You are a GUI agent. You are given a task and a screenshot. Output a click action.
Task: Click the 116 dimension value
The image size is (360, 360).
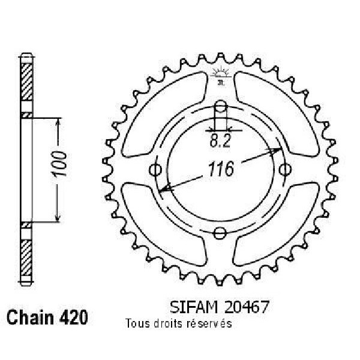(x=221, y=169)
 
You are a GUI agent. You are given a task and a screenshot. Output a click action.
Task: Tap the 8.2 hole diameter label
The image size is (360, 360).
(x=220, y=142)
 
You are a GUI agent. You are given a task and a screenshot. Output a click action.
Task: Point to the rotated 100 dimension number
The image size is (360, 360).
(x=59, y=164)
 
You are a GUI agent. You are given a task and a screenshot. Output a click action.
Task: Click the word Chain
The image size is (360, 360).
(x=31, y=317)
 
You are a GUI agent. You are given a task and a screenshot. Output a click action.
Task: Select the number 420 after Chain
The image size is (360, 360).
(x=74, y=317)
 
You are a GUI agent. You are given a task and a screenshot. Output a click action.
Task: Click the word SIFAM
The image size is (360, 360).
(x=194, y=307)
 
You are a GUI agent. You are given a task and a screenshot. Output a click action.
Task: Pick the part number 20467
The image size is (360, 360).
(x=246, y=307)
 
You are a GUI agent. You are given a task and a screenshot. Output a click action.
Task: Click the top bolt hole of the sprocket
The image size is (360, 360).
(x=220, y=107)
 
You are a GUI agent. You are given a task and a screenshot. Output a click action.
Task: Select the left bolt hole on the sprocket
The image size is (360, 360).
(x=155, y=170)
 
